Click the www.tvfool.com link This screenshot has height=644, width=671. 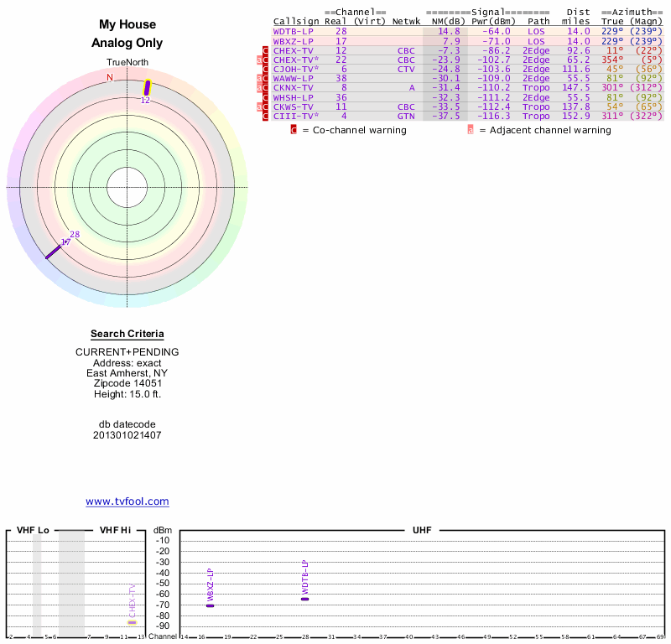[x=127, y=501]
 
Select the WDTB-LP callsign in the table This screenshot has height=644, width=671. [x=293, y=31]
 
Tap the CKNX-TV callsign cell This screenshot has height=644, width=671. [x=293, y=87]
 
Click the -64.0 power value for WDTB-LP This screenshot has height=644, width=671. [x=495, y=31]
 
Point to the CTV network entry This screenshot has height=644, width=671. [x=406, y=69]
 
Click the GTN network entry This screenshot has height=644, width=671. [x=406, y=116]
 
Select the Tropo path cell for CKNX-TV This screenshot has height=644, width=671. [x=536, y=87]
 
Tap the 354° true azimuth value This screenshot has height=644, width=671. [x=611, y=60]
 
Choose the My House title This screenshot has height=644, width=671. [x=127, y=25]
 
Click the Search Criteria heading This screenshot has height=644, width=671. [x=127, y=334]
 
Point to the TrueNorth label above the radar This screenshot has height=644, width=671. [x=127, y=63]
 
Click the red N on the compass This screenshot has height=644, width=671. [x=109, y=78]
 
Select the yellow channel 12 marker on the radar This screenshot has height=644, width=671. [x=147, y=87]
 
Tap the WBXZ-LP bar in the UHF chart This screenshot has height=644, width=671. [x=211, y=605]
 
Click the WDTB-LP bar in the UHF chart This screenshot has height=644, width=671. [x=304, y=599]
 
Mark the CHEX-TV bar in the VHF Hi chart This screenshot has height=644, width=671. [x=131, y=622]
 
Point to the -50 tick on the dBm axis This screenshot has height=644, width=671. [x=163, y=583]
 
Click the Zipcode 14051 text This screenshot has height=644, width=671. [x=127, y=382]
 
